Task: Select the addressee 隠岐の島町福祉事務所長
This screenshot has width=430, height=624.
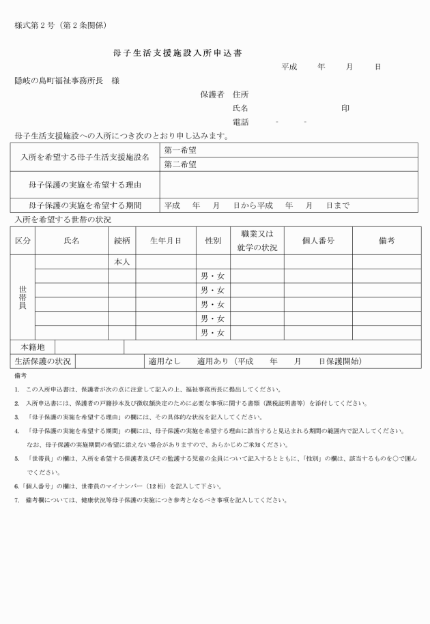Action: coord(58,80)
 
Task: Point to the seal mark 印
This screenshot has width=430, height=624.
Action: coord(345,108)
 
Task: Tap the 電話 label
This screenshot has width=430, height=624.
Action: coord(240,122)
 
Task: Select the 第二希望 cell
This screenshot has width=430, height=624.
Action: coord(180,164)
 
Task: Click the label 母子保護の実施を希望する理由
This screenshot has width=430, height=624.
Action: coord(85,185)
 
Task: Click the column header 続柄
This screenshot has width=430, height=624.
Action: coord(121,241)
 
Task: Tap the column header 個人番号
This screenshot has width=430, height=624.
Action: coord(318,241)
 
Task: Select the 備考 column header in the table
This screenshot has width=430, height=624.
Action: coord(386,241)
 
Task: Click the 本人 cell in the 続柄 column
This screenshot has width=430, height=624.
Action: coord(121,262)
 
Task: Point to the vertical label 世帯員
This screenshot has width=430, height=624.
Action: coord(23,298)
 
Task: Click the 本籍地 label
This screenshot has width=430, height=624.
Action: coord(33,347)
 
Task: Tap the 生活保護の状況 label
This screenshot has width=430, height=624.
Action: coord(43,361)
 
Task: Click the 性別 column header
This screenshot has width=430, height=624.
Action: coord(213,241)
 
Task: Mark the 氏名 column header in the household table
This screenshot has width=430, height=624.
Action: coord(71,241)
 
